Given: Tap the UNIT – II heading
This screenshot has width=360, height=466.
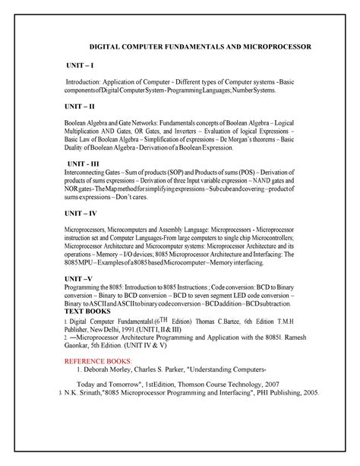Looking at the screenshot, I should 83,106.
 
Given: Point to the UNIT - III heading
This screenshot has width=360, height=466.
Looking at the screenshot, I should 86,163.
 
